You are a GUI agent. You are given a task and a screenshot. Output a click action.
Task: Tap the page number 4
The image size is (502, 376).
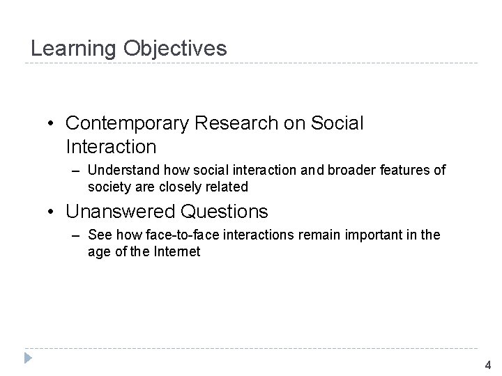tap(487, 364)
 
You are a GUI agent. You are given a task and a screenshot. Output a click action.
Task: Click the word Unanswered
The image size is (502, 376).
tap(121, 210)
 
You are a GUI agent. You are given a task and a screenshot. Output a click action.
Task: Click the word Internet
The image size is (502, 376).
tap(174, 251)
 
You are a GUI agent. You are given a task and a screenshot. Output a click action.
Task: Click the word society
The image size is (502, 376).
tap(109, 187)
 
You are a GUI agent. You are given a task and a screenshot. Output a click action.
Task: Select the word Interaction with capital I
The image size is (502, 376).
tap(111, 147)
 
